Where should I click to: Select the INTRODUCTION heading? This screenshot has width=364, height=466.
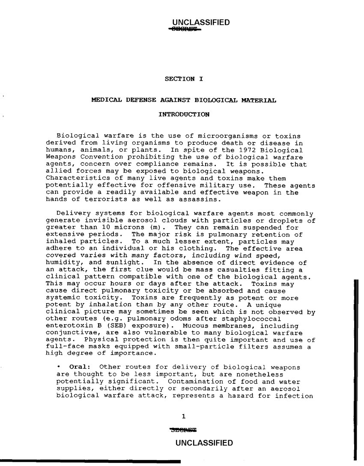184,114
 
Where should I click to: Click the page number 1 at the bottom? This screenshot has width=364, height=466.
183,416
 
